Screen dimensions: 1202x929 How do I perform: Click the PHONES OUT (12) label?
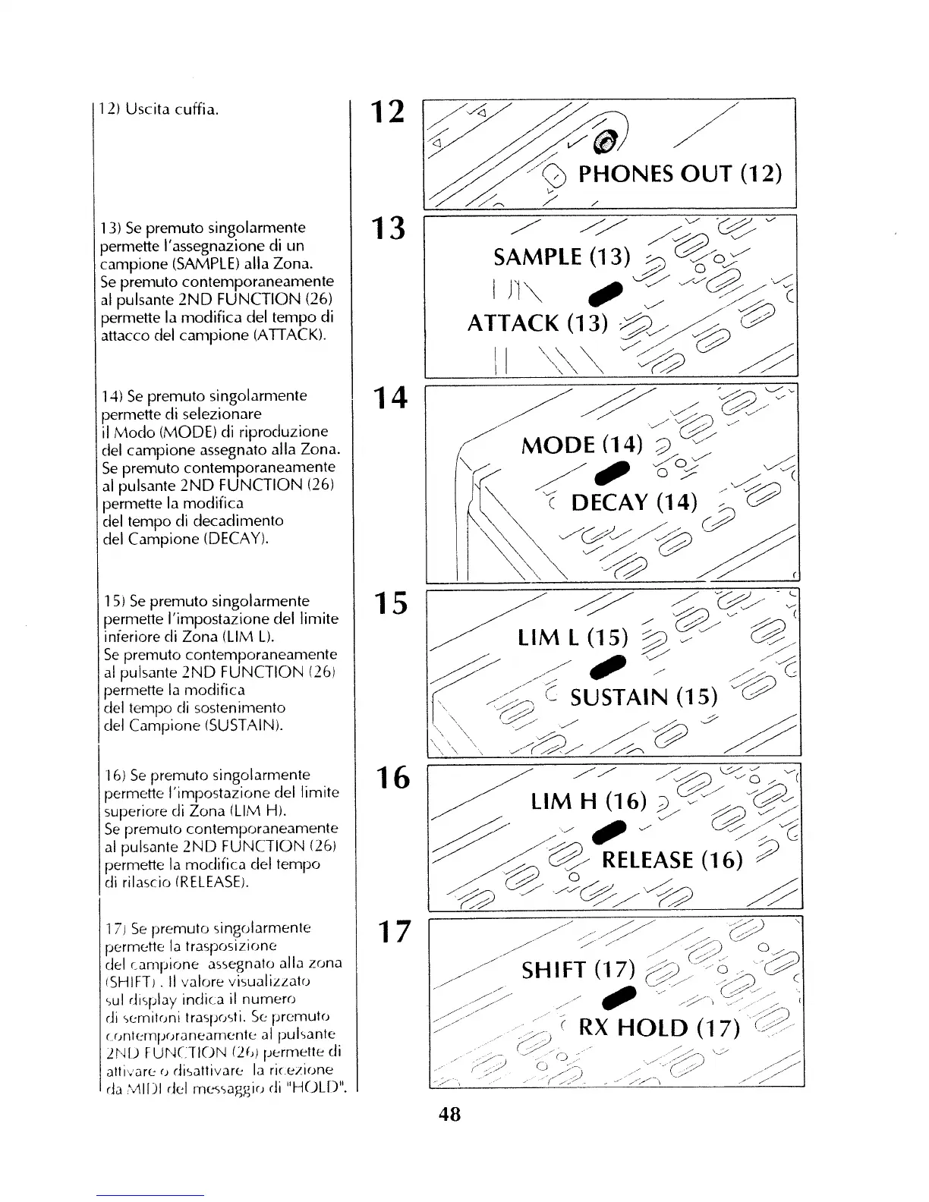679,173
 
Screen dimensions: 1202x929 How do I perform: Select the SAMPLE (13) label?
562,257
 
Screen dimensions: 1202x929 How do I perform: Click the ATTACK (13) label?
538,323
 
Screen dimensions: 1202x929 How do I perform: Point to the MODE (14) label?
582,444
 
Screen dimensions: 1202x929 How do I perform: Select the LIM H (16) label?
589,801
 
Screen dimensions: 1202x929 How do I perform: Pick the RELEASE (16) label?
672,860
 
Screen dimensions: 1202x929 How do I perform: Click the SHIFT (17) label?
577,969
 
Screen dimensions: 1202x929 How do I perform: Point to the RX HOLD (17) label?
659,1027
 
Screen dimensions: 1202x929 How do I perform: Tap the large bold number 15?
389,603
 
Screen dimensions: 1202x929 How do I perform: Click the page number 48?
450,1115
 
